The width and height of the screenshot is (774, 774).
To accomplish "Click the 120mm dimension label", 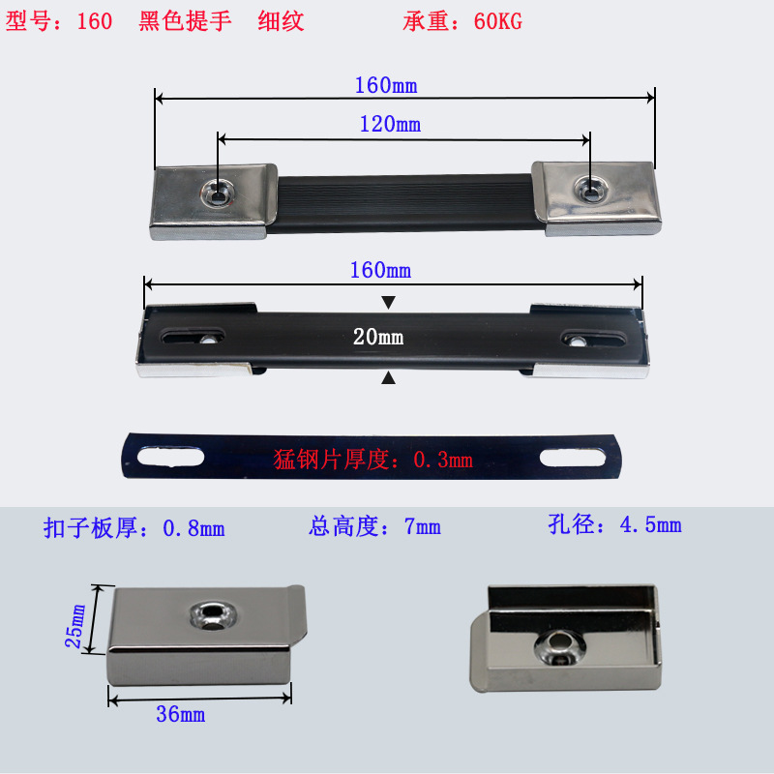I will coord(390,124).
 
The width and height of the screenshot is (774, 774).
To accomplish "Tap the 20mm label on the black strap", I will coord(378,338).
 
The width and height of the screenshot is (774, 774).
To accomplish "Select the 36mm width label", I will coord(180,715).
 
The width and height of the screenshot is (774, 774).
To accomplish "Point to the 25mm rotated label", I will coord(77,626).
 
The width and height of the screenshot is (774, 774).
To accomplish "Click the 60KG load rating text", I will coord(498,21).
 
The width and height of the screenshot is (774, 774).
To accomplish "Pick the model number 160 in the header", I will coord(95,21).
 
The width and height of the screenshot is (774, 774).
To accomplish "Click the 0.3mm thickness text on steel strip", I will coord(443,461).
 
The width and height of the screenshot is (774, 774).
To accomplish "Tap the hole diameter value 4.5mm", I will coord(651,525).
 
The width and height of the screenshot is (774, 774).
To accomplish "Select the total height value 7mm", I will coord(423,527).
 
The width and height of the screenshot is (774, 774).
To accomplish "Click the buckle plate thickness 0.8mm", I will coord(193,528).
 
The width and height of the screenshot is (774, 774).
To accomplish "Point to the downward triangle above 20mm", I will coord(388,303).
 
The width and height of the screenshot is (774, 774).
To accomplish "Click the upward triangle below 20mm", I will coord(388,377).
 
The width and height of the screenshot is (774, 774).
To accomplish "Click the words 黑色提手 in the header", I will coord(185,21).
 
